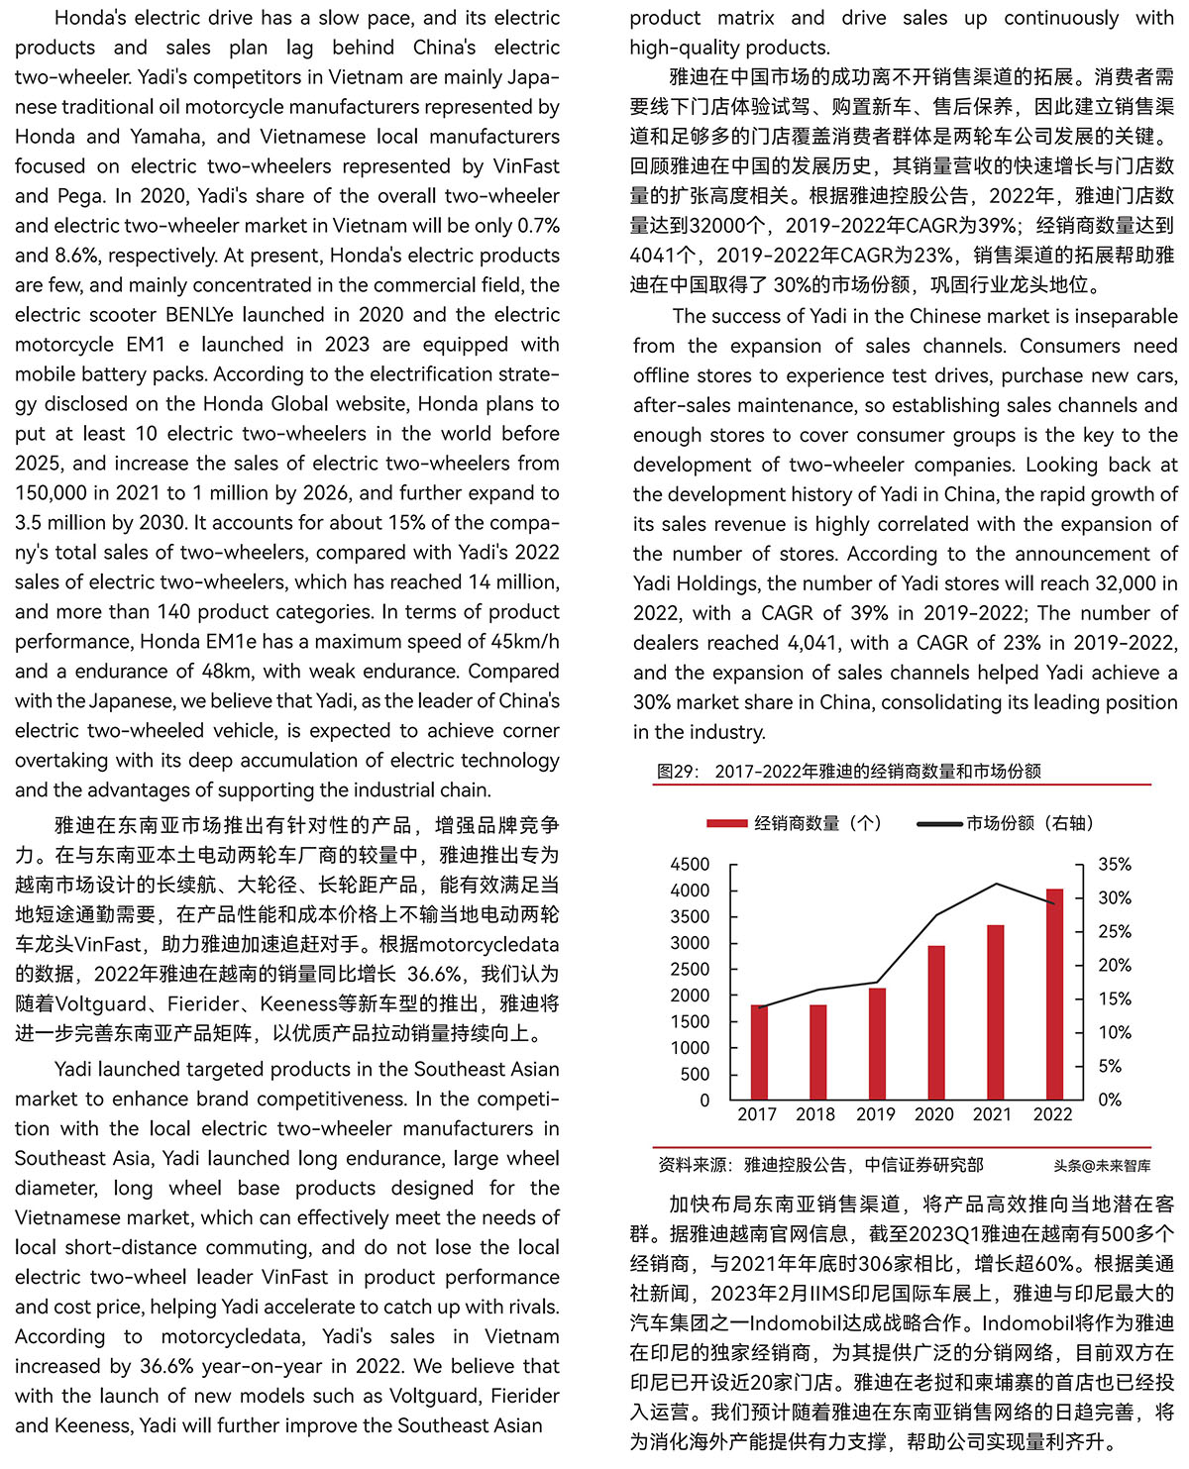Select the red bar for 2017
tap(760, 1052)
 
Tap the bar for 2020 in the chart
tap(936, 1022)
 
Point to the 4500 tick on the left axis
tap(691, 865)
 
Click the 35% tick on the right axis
tap(1115, 865)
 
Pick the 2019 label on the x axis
tap(875, 1114)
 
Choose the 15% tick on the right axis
tap(1115, 999)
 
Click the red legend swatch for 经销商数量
tap(726, 823)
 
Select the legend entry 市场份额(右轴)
tap(1029, 823)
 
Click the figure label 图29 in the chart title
tap(678, 772)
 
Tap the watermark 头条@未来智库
tap(1102, 1166)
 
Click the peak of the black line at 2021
tap(996, 884)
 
